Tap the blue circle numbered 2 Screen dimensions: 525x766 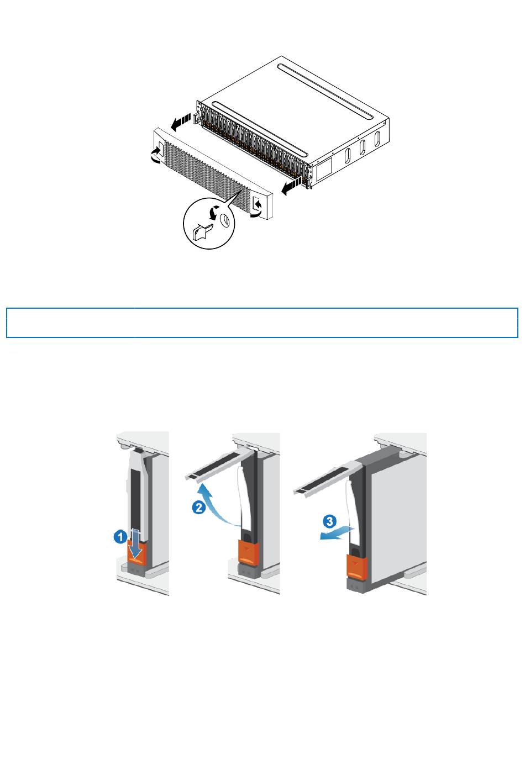click(198, 507)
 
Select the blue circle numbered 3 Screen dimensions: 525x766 click(329, 521)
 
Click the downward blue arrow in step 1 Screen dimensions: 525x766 click(135, 545)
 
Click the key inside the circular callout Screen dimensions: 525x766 click(202, 231)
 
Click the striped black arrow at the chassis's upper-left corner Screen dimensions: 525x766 click(181, 122)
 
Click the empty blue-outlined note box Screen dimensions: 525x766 click(262, 323)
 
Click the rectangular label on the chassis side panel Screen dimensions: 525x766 click(324, 169)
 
